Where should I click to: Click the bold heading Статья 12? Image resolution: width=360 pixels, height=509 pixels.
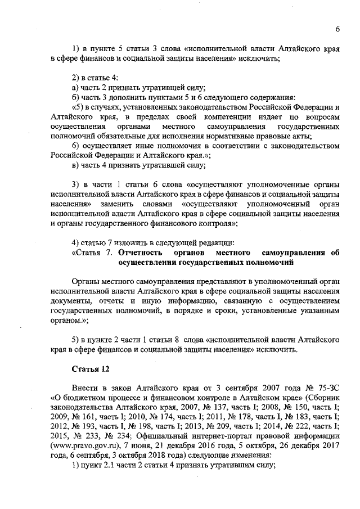(x=89, y=370)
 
